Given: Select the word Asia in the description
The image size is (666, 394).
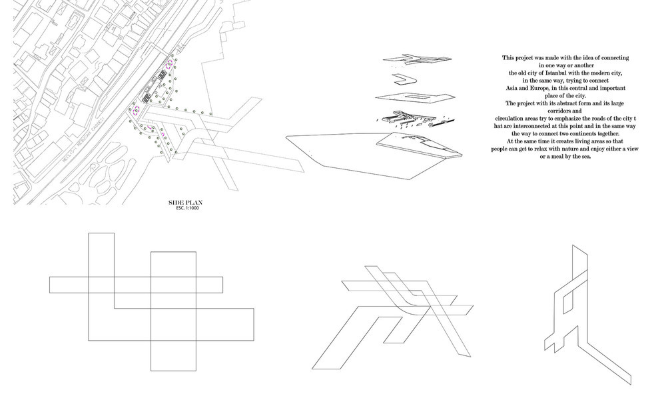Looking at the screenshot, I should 514,89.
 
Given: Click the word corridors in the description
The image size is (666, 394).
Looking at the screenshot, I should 565,111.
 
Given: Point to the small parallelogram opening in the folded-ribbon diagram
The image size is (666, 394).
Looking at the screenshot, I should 568,304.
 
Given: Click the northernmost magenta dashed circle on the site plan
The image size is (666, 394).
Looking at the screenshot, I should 169,63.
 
